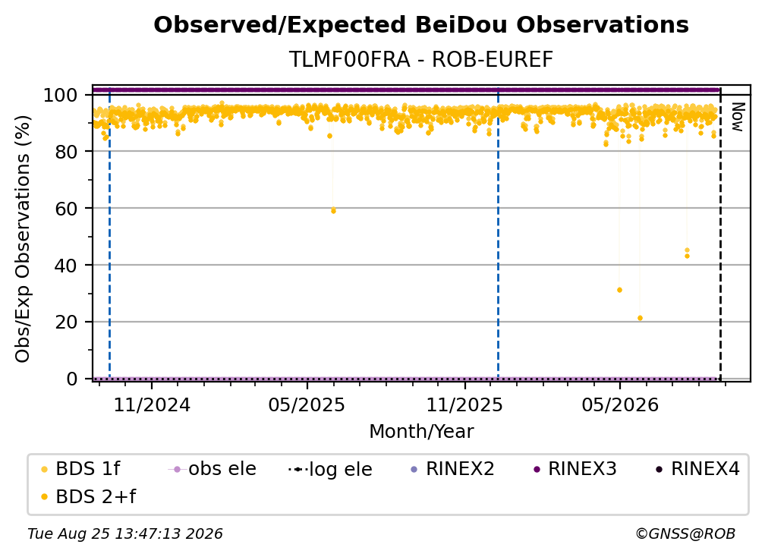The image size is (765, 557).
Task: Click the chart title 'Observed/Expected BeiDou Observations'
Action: tap(421, 25)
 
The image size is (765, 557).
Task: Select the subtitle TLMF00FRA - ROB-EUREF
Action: tap(421, 59)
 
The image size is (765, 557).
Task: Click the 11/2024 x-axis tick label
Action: tap(152, 404)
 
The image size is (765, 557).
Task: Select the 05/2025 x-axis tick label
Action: tap(307, 404)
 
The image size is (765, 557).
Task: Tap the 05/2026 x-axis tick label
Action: tap(619, 404)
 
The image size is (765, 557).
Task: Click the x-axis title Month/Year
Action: tap(421, 432)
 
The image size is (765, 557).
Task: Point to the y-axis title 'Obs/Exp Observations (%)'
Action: tap(23, 239)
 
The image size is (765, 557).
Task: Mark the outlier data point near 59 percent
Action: tap(333, 211)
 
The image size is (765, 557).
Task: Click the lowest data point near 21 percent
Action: tap(640, 318)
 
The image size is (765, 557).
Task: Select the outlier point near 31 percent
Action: tap(619, 290)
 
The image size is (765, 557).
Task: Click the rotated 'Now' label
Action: tap(737, 117)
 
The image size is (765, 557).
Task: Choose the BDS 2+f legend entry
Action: tap(88, 496)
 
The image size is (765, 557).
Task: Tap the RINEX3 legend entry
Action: tap(575, 469)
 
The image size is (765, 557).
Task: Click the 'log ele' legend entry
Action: tap(330, 469)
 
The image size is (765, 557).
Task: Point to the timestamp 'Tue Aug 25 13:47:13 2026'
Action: tap(125, 534)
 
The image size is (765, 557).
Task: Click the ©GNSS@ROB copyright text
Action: tap(685, 534)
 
